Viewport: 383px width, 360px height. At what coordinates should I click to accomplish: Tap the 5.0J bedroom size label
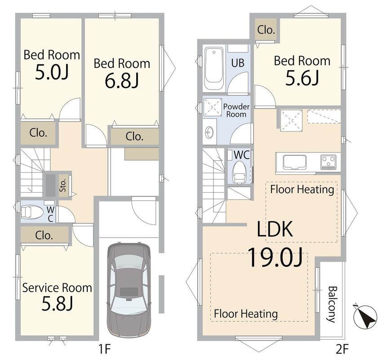(x=52, y=72)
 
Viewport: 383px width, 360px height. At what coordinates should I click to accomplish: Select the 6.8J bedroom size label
(x=122, y=81)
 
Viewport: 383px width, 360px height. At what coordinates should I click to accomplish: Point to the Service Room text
(x=57, y=288)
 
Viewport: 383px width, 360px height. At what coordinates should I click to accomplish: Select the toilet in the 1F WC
(x=32, y=212)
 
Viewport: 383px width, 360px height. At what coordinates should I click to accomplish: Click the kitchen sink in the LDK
(x=294, y=162)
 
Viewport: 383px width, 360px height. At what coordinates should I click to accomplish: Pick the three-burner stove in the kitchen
(x=328, y=162)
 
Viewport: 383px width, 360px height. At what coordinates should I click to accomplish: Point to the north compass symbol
(x=365, y=317)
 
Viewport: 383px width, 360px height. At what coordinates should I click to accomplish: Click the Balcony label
(x=331, y=305)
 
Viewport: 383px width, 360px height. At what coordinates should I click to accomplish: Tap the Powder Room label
(x=236, y=111)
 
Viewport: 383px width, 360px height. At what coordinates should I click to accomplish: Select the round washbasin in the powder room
(x=209, y=133)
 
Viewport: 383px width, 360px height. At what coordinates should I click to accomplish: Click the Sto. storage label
(x=63, y=185)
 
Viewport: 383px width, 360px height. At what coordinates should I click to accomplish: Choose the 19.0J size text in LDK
(x=275, y=257)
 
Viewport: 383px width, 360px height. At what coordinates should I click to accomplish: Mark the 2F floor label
(x=342, y=349)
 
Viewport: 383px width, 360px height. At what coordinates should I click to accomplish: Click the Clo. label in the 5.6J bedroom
(x=266, y=30)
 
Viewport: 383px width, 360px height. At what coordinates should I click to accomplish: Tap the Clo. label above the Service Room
(x=44, y=235)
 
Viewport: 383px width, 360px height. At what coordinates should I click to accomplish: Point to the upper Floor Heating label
(x=302, y=189)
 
